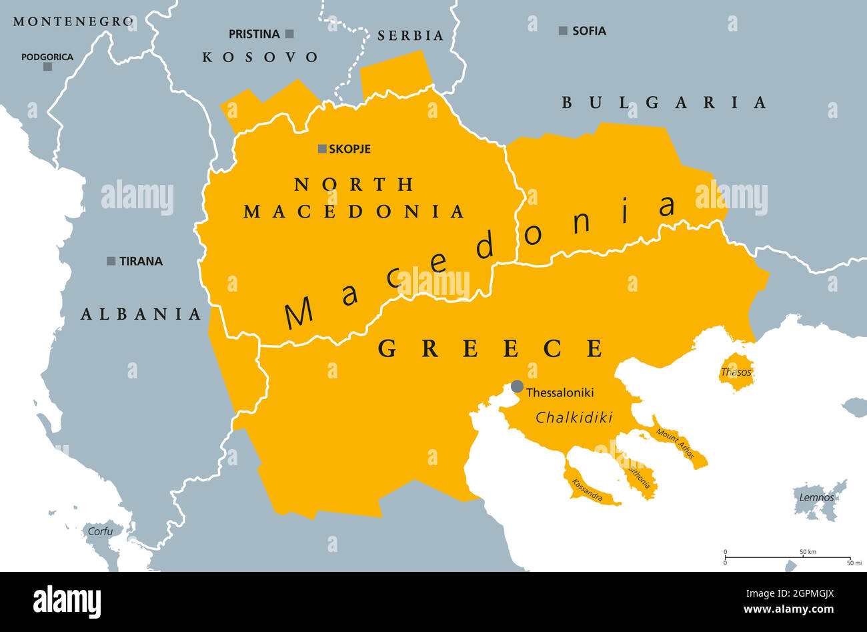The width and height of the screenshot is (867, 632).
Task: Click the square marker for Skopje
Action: click(x=322, y=149)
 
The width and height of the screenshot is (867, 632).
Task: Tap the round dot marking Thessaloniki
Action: click(x=517, y=386)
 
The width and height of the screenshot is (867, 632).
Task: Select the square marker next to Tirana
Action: click(x=111, y=261)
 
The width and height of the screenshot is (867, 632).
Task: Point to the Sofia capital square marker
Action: click(x=563, y=31)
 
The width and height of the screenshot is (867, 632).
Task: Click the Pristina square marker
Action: click(x=289, y=33)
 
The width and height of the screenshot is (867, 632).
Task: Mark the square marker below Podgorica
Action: click(x=47, y=67)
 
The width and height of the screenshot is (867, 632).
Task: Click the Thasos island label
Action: click(x=736, y=372)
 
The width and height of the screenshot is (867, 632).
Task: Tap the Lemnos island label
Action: click(x=816, y=497)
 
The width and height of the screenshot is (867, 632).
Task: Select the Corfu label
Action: click(x=100, y=531)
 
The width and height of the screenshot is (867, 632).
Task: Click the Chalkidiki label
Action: click(x=574, y=418)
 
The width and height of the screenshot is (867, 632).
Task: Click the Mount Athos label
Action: click(x=675, y=442)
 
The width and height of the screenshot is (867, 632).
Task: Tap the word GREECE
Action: click(x=491, y=348)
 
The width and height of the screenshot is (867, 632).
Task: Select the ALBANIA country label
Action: click(x=141, y=314)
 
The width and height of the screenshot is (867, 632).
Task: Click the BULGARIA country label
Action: click(x=664, y=102)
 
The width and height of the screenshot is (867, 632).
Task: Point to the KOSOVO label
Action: click(x=260, y=57)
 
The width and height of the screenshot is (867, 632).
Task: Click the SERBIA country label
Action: click(x=410, y=35)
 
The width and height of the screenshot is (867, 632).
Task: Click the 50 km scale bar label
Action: click(x=808, y=552)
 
